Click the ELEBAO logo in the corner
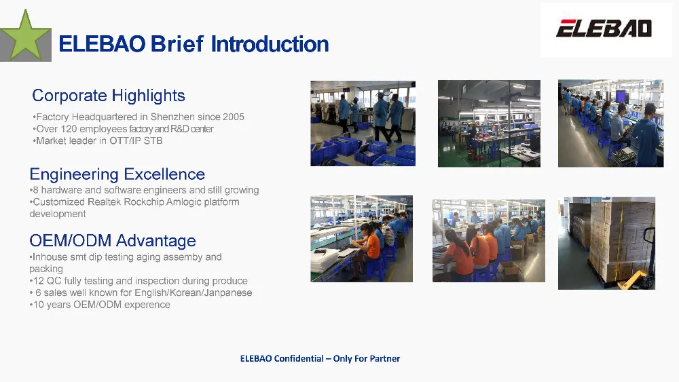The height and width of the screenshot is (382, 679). (x=604, y=28)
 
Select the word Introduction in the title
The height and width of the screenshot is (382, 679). (x=270, y=44)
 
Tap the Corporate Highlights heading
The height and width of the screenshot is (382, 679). (x=108, y=96)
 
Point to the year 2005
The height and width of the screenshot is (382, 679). (x=234, y=117)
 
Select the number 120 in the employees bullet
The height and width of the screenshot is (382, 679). (x=69, y=129)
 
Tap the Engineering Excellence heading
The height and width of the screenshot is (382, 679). (x=117, y=174)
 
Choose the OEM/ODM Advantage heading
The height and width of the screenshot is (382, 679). (x=113, y=241)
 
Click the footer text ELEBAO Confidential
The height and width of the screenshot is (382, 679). (x=282, y=359)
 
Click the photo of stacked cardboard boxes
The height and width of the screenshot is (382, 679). (x=606, y=243)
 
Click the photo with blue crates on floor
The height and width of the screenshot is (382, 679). (x=363, y=123)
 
